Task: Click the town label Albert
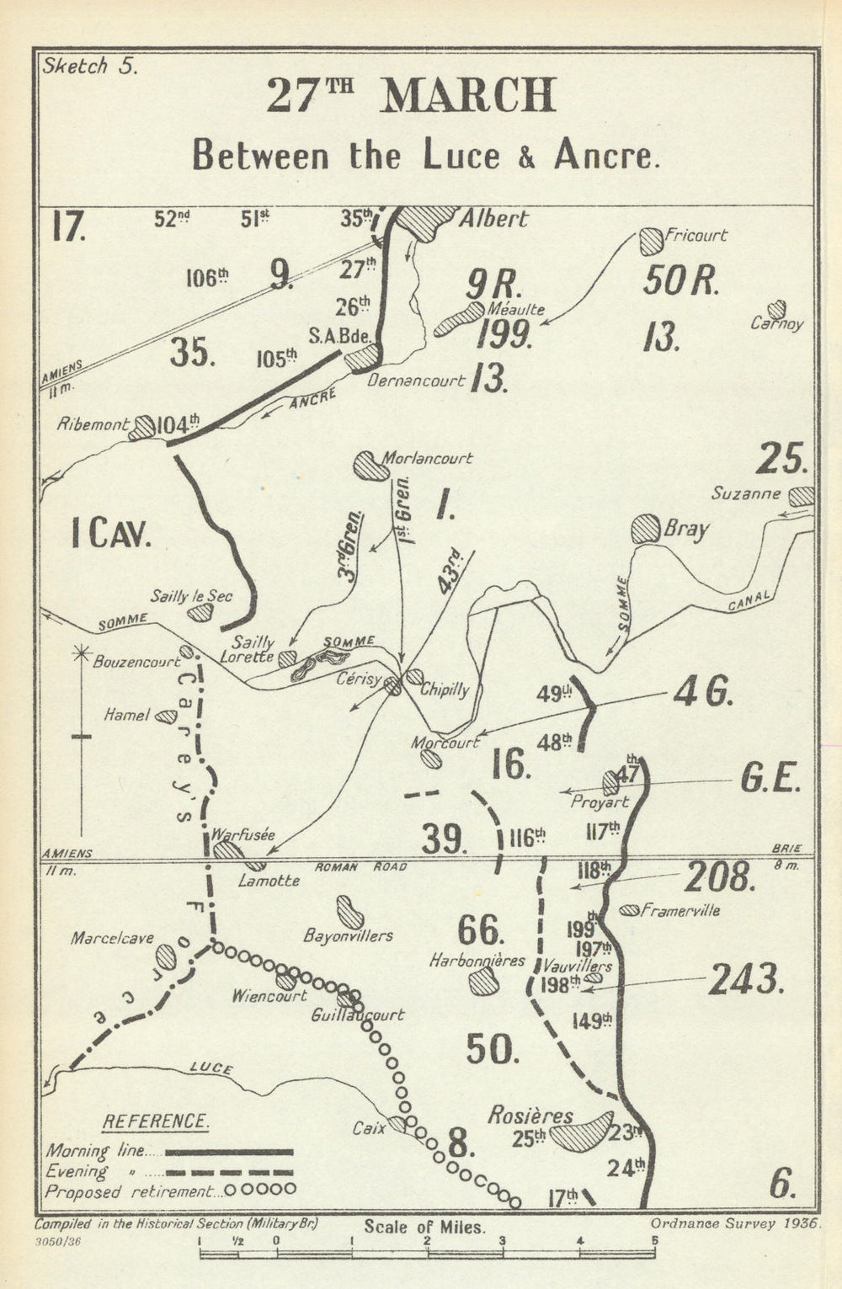(x=493, y=219)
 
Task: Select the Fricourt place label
(x=695, y=236)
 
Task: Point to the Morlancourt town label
(x=427, y=459)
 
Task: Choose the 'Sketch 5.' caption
(x=87, y=67)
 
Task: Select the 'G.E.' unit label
(x=770, y=780)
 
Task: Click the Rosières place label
(x=530, y=1116)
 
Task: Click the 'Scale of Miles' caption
(x=424, y=1228)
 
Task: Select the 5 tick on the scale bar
(x=653, y=1239)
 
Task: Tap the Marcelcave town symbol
(x=166, y=957)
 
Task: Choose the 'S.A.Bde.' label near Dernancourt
(x=340, y=335)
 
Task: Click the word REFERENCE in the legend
(x=156, y=1122)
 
